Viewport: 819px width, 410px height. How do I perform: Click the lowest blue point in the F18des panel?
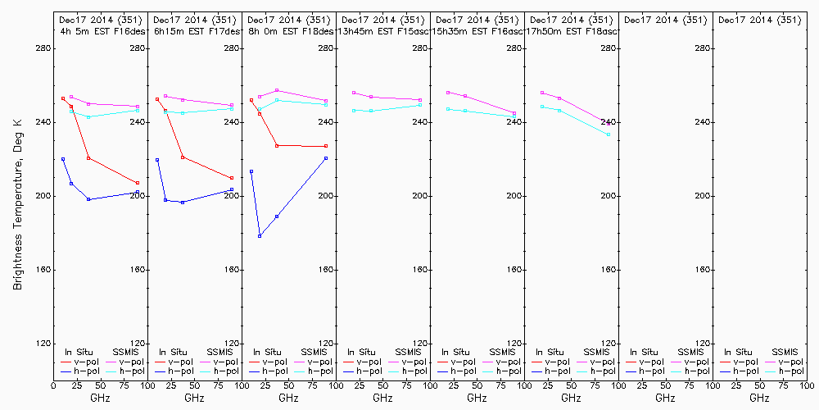coord(260,236)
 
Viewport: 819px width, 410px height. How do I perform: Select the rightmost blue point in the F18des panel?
coord(326,158)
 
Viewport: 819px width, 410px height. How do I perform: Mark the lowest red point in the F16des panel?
coord(138,183)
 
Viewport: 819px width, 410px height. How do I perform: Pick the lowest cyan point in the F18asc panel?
coord(609,134)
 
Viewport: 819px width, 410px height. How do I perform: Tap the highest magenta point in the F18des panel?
coord(277,90)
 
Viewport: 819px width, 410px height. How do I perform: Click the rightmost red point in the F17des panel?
coord(232,178)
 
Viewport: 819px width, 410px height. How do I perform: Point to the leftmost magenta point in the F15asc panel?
coord(354,93)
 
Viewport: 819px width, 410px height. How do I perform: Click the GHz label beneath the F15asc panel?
coord(382,399)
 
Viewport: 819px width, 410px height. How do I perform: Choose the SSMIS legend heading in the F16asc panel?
coord(502,352)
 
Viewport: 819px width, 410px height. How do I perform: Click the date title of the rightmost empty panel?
coord(759,20)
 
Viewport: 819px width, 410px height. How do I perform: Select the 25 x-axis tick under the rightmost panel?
coord(737,384)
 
